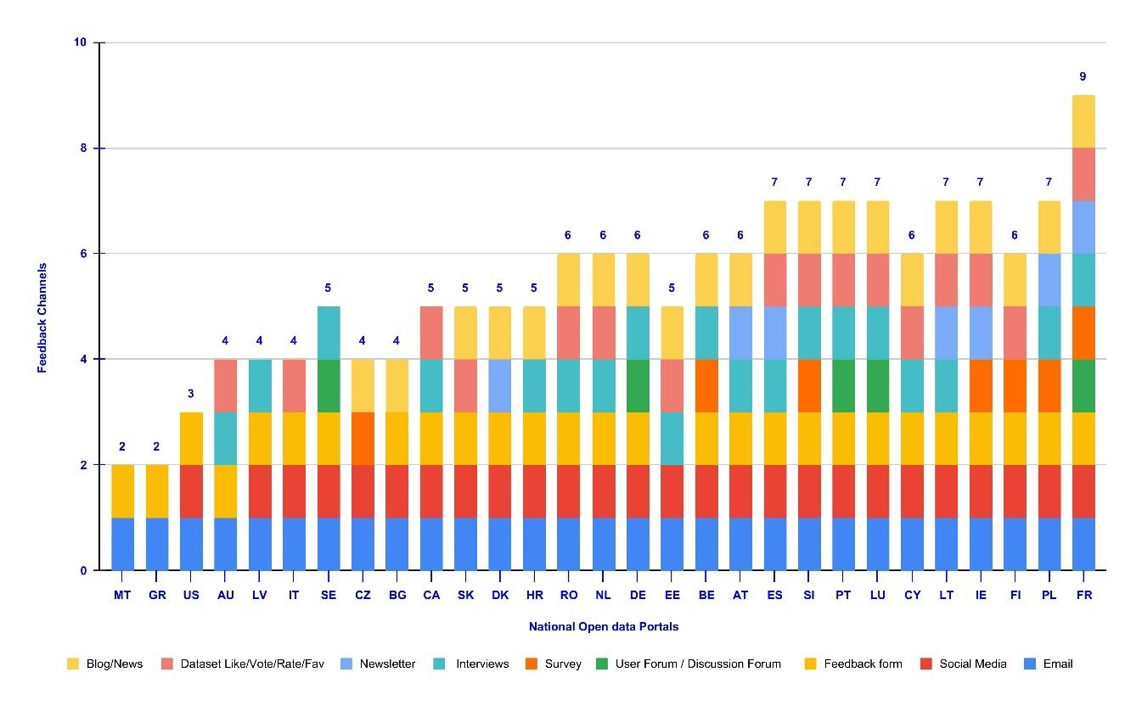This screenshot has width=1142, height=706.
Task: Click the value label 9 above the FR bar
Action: (1083, 76)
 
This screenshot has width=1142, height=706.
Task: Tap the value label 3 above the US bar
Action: (191, 393)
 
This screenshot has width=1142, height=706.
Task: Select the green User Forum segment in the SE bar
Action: (329, 385)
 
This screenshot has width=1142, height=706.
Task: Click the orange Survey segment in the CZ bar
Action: (363, 438)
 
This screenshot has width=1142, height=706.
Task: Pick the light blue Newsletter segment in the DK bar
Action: (500, 385)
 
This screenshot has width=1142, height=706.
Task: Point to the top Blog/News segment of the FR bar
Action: (1083, 121)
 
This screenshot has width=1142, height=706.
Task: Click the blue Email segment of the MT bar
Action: (122, 544)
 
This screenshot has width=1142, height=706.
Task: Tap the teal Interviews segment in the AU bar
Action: (226, 438)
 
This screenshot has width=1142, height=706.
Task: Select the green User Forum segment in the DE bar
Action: (638, 385)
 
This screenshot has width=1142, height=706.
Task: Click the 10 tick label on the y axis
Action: (82, 42)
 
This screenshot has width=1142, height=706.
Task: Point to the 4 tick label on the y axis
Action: (84, 360)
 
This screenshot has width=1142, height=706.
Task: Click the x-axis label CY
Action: (912, 596)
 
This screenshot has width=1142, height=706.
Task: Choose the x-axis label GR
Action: (157, 596)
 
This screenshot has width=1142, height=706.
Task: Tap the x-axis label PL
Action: (1049, 596)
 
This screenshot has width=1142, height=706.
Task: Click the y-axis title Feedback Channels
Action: (42, 318)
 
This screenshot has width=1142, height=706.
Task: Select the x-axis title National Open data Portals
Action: (603, 627)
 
